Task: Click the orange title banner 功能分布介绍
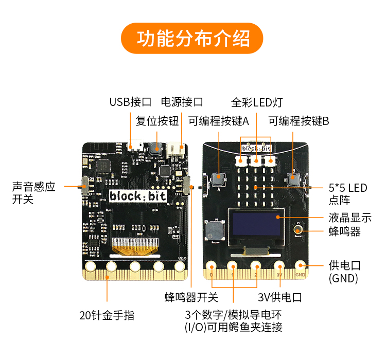tap(192, 39)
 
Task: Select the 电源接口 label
tap(182, 101)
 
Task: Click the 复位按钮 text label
tap(157, 121)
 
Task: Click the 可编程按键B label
tap(299, 121)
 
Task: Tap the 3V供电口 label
tap(279, 297)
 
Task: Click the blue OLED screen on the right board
tap(256, 224)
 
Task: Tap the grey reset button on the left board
tap(155, 149)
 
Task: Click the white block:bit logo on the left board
tap(134, 195)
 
